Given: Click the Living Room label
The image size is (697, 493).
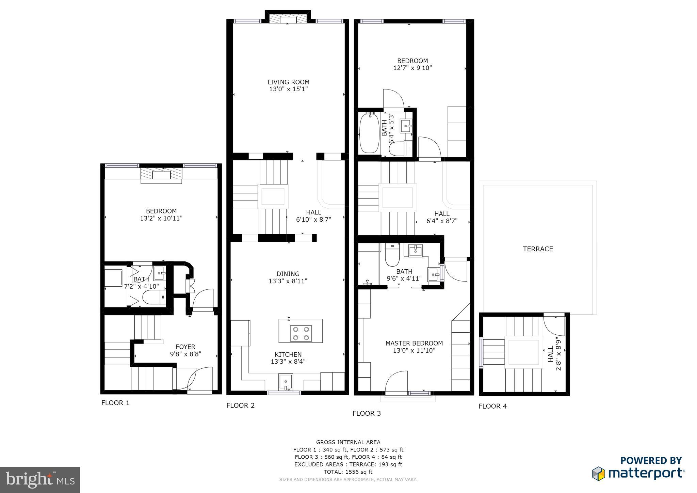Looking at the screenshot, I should (x=288, y=82).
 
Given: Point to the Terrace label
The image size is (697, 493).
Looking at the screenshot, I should (x=538, y=249).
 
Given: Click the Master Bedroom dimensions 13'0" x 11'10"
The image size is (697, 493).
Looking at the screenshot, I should (x=414, y=350).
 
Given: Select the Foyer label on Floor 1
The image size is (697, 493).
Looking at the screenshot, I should (x=185, y=347).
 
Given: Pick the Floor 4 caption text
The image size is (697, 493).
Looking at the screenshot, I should (x=492, y=406).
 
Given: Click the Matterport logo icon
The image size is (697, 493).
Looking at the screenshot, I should (x=599, y=474).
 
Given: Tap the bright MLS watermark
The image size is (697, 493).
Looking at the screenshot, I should (x=40, y=479).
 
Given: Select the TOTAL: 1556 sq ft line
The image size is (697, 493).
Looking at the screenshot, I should (x=348, y=472).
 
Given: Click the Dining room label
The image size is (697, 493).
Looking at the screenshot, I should (x=288, y=274).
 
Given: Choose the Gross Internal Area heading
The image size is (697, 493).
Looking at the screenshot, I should (x=348, y=442).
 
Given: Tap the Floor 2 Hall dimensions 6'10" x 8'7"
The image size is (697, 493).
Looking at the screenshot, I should (x=313, y=220).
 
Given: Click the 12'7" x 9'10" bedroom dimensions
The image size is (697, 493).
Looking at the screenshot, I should (x=412, y=68).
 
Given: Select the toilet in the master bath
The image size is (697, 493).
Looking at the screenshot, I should (x=392, y=256).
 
